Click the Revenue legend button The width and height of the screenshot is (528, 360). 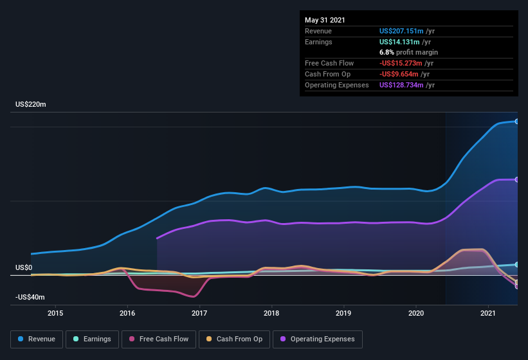point(37,339)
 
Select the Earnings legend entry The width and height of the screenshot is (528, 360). point(92,339)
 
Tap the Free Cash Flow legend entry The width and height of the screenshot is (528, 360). point(159,339)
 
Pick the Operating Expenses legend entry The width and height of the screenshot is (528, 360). point(317,339)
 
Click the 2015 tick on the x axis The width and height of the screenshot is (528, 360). point(55,314)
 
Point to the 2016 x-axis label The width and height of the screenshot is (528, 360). point(127,314)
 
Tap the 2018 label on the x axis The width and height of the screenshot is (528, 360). point(271,314)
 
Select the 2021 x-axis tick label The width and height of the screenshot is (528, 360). point(488,314)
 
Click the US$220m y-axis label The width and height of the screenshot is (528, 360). point(31,104)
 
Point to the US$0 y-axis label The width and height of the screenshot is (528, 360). point(24,267)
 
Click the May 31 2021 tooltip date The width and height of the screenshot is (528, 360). point(325,20)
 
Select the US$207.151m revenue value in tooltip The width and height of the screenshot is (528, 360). point(401,31)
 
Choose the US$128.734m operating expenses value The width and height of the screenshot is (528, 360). point(401,85)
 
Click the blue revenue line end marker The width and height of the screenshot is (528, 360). point(517,122)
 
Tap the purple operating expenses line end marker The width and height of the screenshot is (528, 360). point(517,179)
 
